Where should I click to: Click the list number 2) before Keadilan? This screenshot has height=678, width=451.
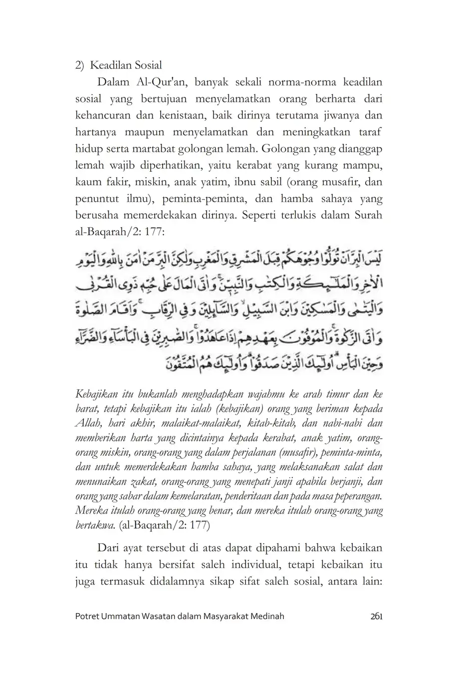click(x=80, y=65)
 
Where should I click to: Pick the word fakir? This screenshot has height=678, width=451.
click(x=115, y=182)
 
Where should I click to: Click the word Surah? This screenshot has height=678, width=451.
click(x=368, y=215)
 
